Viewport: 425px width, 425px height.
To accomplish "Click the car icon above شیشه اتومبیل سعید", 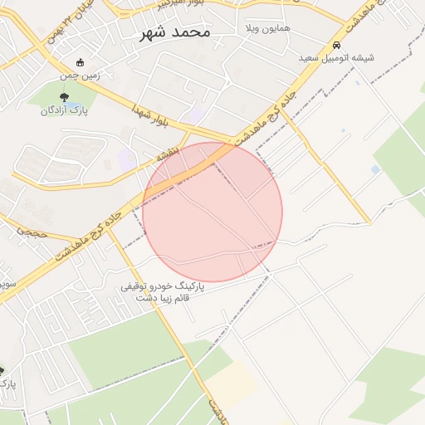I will pyautogui.click(x=336, y=45).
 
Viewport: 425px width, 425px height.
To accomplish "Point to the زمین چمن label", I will pyautogui.click(x=80, y=76).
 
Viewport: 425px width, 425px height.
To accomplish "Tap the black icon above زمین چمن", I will pyautogui.click(x=80, y=62).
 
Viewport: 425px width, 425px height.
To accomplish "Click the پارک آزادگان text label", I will pyautogui.click(x=64, y=110).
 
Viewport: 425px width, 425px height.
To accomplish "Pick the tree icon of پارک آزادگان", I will pyautogui.click(x=64, y=96).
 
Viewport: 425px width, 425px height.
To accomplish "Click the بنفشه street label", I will pyautogui.click(x=167, y=155).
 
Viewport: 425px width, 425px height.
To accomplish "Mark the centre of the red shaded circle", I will pyautogui.click(x=212, y=212).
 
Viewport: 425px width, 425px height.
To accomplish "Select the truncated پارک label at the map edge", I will pyautogui.click(x=7, y=383).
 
